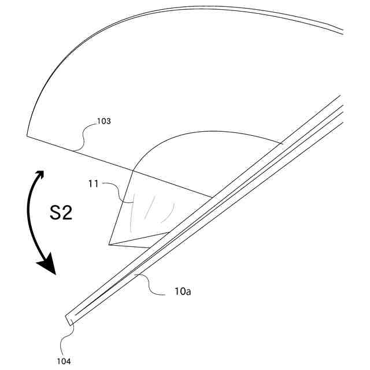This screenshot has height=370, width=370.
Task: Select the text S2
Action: (61, 213)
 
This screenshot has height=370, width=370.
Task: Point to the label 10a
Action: (183, 293)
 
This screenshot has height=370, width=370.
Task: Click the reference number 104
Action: (64, 361)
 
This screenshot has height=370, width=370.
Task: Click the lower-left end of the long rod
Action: (67, 319)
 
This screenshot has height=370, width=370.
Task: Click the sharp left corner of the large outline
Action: (27, 136)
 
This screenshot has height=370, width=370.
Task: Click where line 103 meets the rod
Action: (212, 197)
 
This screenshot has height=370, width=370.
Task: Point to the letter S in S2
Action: (54, 213)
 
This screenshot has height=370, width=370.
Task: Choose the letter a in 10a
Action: (188, 293)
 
